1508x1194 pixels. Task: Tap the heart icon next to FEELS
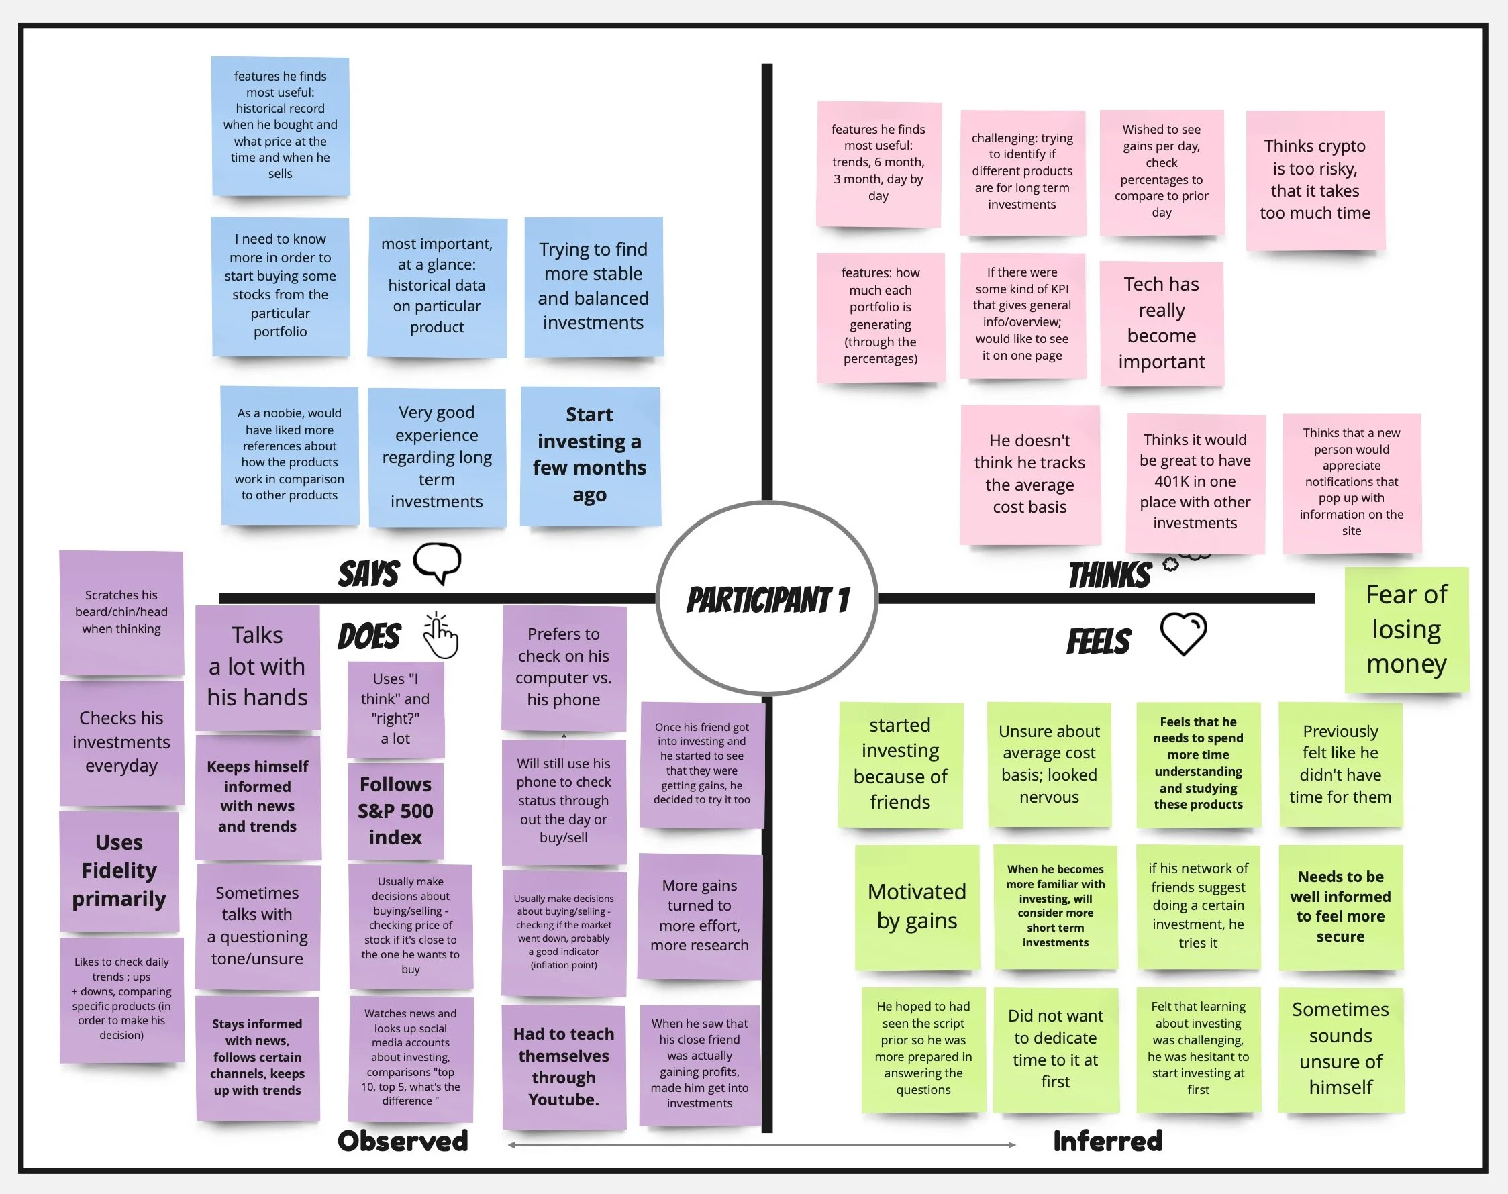[x=1183, y=634]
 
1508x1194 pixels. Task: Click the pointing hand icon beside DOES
[x=440, y=635]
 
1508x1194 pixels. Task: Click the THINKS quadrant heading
[x=1109, y=575]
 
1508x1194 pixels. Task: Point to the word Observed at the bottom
[x=403, y=1141]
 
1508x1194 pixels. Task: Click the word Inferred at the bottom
[x=1107, y=1141]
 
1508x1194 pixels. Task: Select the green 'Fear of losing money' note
[x=1406, y=629]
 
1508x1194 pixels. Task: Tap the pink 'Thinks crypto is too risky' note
[x=1314, y=180]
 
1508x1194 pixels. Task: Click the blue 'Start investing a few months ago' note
[x=589, y=455]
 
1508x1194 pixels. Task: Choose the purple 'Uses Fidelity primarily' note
[x=119, y=870]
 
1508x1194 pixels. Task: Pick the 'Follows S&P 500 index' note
[x=396, y=811]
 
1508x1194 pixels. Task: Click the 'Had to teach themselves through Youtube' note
[x=564, y=1066]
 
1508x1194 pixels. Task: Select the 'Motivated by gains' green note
[x=917, y=907]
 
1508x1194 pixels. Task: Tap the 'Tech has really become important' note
[x=1161, y=323]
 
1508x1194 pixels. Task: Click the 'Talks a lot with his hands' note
[x=257, y=666]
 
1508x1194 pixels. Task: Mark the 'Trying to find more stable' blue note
[x=593, y=287]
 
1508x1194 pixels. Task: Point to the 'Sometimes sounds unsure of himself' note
[x=1340, y=1048]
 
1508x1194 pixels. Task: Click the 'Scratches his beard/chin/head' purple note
[x=121, y=611]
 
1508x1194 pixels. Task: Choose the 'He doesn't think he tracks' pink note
[x=1029, y=474]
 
